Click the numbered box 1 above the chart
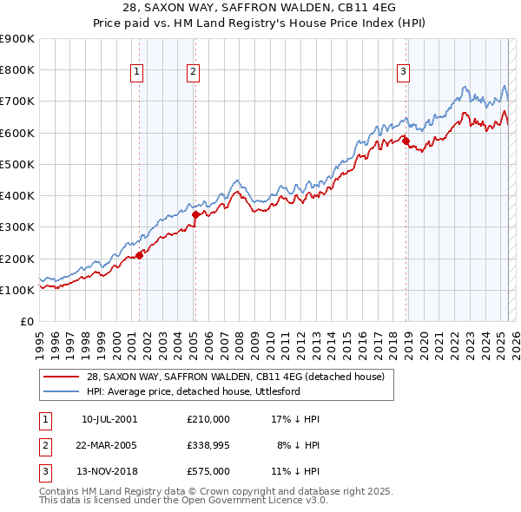[137, 73]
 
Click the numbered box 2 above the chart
[193, 73]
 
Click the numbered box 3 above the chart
[404, 73]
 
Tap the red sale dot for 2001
[139, 255]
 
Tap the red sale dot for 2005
[195, 214]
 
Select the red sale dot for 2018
[406, 140]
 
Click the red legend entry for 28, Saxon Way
[241, 377]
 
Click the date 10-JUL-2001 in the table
[109, 419]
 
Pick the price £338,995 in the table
[208, 445]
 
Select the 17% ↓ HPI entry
[296, 419]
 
